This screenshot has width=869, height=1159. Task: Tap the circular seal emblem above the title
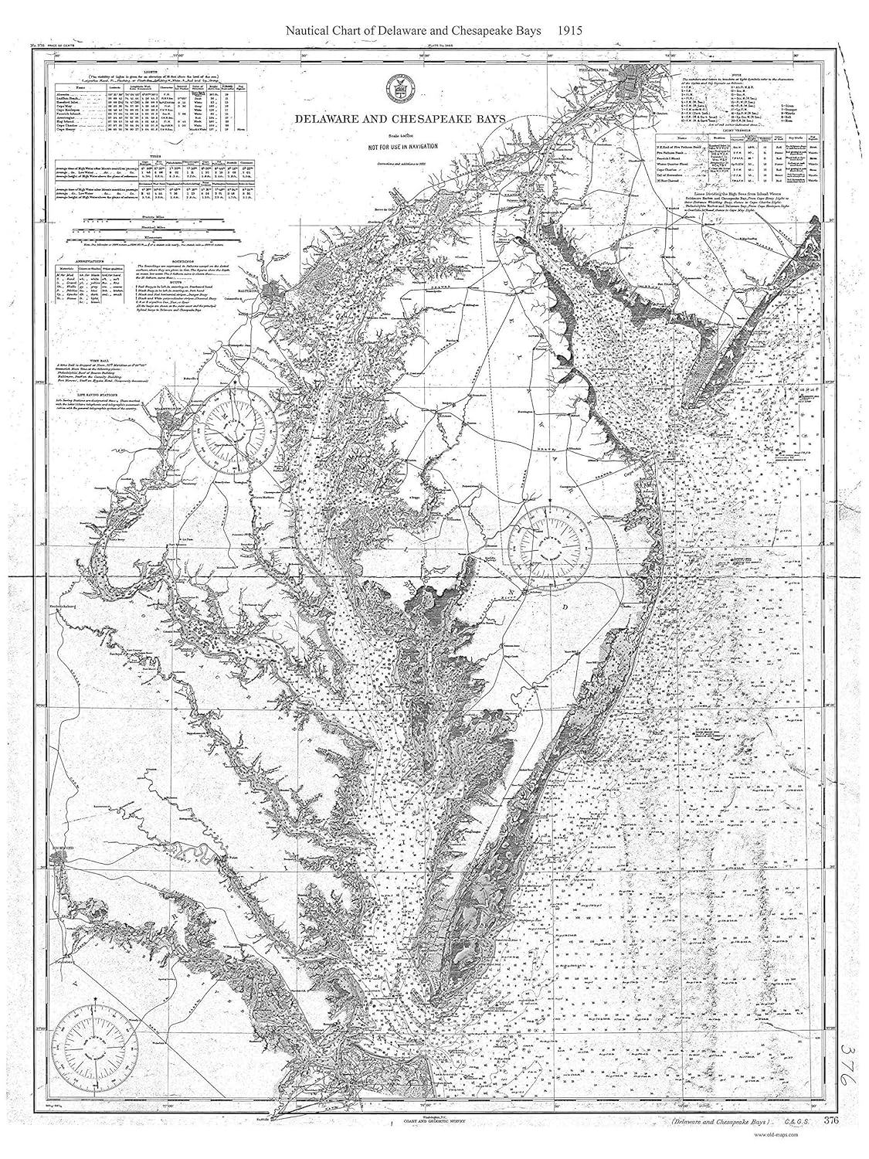(x=401, y=89)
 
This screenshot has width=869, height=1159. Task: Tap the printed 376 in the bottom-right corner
(x=831, y=1121)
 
